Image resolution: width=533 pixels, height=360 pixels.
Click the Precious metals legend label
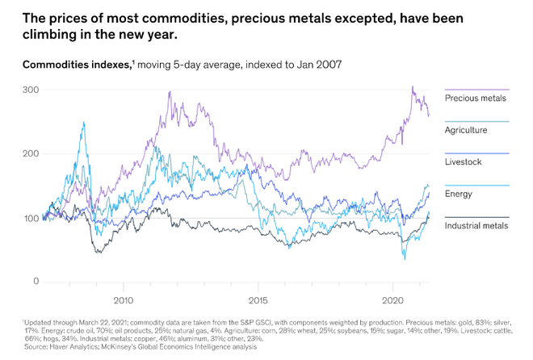[476, 98]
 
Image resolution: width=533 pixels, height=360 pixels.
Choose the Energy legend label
[459, 194]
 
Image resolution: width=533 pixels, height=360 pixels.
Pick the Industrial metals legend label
[476, 226]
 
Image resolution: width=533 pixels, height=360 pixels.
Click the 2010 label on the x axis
[123, 299]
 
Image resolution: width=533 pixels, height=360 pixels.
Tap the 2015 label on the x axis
[257, 299]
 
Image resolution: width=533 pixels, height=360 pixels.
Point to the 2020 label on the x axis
[392, 299]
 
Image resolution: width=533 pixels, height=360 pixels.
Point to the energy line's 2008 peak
[83, 122]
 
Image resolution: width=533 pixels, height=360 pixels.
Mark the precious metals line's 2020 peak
[412, 87]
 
